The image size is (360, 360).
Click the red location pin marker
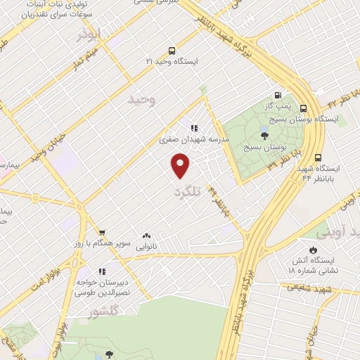point(181,166)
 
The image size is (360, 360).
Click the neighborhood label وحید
point(141,101)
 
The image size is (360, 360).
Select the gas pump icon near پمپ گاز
point(278,96)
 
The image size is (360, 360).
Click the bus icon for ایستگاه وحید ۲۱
point(172,51)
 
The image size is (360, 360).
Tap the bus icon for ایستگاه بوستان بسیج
point(304,108)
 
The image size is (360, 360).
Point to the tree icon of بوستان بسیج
point(265,136)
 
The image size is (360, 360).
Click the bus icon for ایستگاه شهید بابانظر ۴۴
point(319,157)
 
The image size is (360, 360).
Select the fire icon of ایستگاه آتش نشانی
point(312,250)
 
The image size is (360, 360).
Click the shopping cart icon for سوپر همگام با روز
point(102,232)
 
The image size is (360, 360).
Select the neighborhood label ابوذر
point(90,33)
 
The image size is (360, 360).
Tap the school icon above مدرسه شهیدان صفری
point(194,129)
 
